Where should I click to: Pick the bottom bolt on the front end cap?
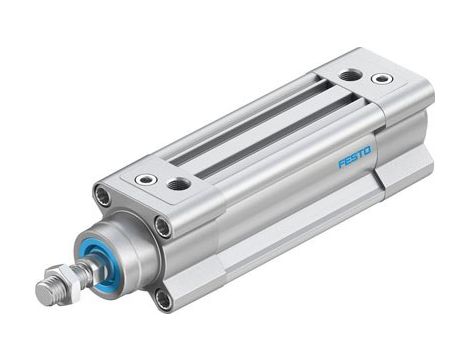(161, 296)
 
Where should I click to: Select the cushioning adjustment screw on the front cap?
(146, 180)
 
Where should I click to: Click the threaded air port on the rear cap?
(349, 74)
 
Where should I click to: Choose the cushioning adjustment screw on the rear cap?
(381, 78)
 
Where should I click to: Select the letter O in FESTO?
(367, 151)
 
